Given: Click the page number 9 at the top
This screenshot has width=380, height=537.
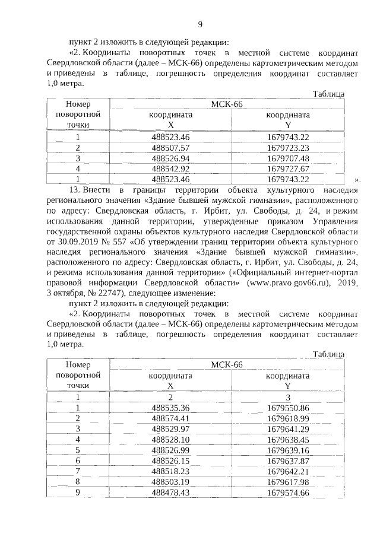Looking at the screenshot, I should coord(199,24).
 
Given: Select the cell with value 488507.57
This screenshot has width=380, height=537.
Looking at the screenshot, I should coord(170,147).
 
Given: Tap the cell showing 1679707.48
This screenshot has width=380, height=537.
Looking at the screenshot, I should coord(288,158).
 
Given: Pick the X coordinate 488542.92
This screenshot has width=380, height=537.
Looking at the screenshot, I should coord(170,169).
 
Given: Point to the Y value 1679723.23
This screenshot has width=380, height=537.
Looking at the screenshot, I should coord(288,147).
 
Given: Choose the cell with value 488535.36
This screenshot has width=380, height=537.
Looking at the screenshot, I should coord(170,408).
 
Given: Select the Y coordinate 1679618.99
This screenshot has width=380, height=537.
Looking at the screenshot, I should coord(288,418).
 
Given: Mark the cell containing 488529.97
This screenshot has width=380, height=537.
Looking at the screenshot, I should coord(170,429).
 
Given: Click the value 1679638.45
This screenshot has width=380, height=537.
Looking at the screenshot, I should coord(288,440).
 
